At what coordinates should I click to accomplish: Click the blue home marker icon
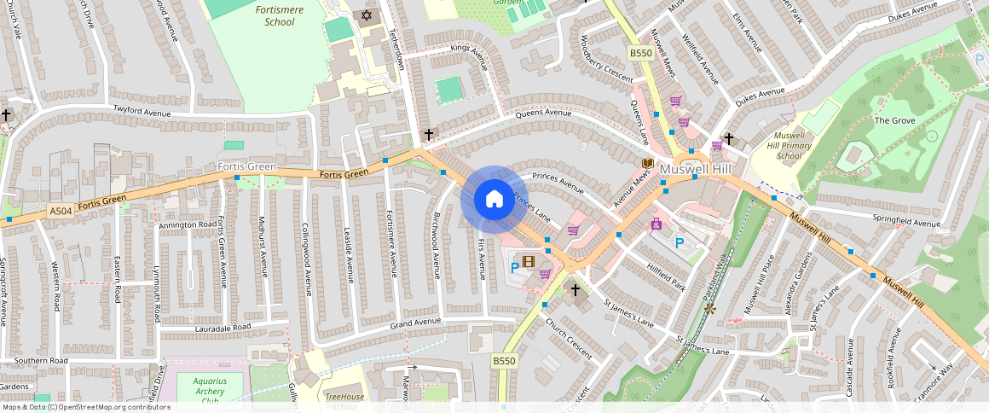[494, 200]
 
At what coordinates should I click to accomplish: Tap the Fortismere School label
[275, 15]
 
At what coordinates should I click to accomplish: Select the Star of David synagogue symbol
[367, 15]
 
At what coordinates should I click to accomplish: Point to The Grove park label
[894, 121]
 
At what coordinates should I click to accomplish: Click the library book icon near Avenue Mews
[647, 162]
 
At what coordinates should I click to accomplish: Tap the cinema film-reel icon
[529, 261]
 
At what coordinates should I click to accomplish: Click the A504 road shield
[61, 211]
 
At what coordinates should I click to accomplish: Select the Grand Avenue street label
[416, 322]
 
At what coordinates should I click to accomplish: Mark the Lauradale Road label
[223, 327]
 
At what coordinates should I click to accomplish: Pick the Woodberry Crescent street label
[605, 60]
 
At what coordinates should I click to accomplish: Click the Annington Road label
[188, 225]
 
